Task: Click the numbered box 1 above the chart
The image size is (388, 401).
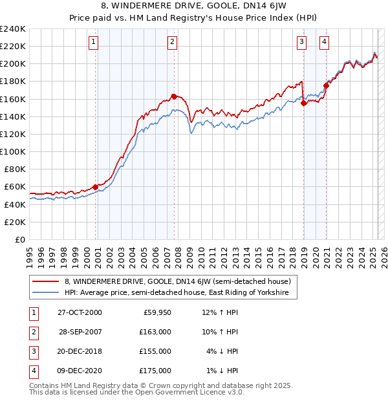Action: point(94,43)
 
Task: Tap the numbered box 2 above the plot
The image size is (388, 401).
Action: point(173,43)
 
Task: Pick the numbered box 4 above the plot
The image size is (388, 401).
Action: point(324,43)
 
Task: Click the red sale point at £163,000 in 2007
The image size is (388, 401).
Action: point(174,96)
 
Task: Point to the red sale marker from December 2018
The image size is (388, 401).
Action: point(304,103)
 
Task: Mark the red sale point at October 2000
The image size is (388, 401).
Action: point(96,187)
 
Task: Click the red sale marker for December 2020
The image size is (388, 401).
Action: point(327,85)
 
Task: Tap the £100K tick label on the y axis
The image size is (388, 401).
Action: point(14,151)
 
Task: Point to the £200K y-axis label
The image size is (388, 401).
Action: point(14,64)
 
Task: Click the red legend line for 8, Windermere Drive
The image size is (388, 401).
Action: point(46,282)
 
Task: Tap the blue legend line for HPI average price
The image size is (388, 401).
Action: point(46,293)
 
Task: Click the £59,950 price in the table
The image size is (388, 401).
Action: point(157,312)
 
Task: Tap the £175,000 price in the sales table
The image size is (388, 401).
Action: point(155,371)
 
